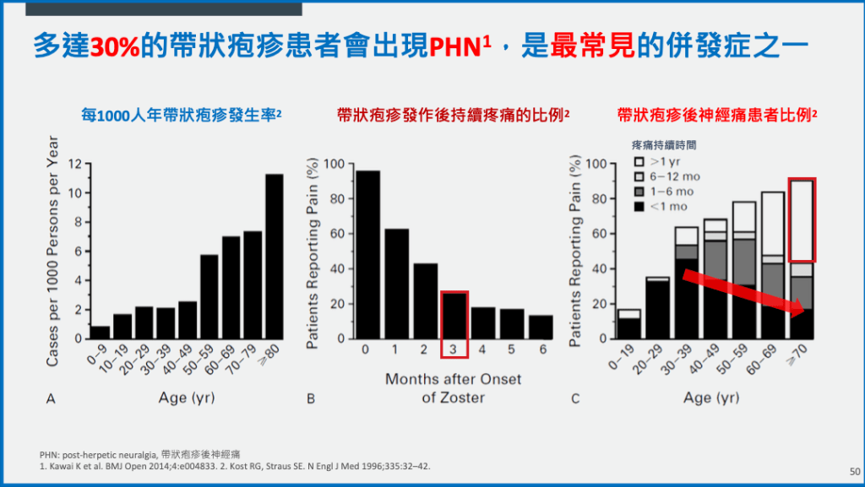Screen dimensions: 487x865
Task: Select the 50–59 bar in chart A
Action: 208,296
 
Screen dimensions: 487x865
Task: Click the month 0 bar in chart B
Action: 367,254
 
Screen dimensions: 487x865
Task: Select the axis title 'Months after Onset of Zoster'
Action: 454,388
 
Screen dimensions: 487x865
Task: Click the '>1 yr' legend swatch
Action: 639,161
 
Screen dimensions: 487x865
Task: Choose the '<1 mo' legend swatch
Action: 639,207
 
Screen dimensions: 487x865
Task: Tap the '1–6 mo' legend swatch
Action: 639,192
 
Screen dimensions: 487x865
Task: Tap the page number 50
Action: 852,472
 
